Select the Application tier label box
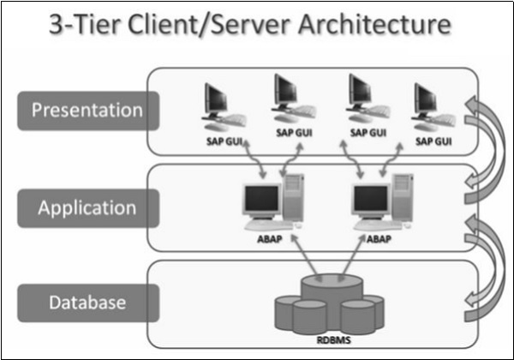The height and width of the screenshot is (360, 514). point(87,207)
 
